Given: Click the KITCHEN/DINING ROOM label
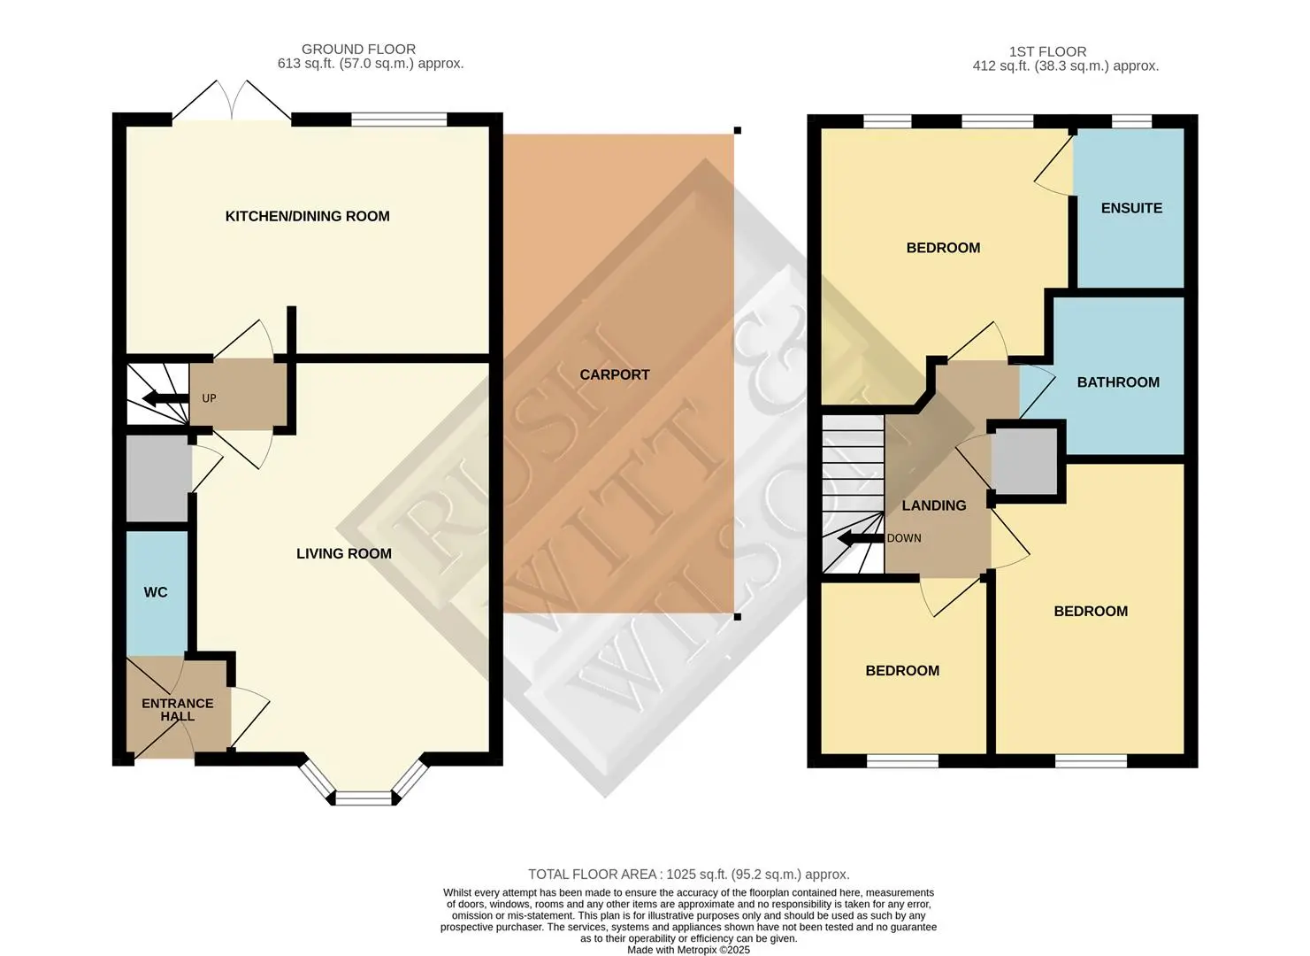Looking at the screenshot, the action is click(307, 216).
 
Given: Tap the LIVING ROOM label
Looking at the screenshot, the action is click(344, 553).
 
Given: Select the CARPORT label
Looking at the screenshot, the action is click(615, 374).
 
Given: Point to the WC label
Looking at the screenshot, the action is click(156, 592).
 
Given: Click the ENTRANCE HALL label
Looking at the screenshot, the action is click(178, 710).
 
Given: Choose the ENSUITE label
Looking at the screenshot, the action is click(1131, 208).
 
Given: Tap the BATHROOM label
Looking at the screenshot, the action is click(1118, 382).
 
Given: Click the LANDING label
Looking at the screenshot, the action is click(934, 505).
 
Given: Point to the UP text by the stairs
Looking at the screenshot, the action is click(209, 398).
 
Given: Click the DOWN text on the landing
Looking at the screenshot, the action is click(904, 538).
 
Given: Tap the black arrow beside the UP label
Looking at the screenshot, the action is click(165, 399).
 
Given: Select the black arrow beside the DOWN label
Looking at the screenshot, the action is click(861, 538).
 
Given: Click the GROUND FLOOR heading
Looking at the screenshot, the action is click(358, 50).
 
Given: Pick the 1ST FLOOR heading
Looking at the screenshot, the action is click(1048, 51).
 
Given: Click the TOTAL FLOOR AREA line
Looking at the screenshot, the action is click(689, 874).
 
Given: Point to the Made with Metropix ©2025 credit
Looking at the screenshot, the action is click(688, 950).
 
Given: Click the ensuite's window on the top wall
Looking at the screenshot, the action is click(1131, 121).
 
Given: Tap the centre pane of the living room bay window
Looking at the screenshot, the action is click(364, 798).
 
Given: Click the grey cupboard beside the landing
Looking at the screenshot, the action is click(1024, 461).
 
